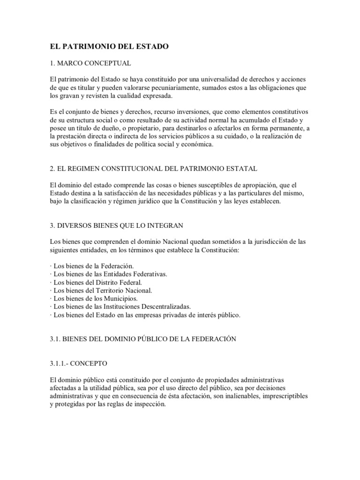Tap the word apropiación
click(248, 185)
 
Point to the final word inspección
click(150, 405)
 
